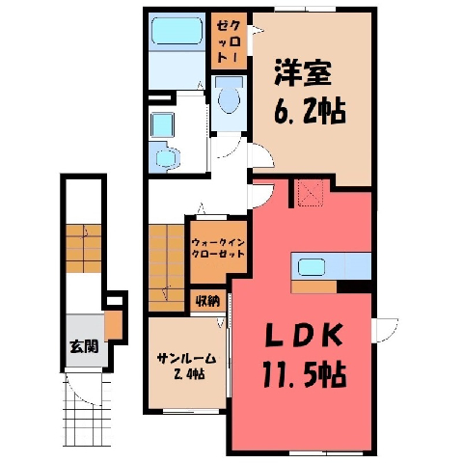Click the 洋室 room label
tap(303, 73)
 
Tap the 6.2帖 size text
tap(311, 111)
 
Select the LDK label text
tap(303, 336)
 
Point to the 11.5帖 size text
tap(305, 374)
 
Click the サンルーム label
tap(186, 359)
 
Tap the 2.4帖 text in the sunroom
tap(189, 374)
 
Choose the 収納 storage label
tap(207, 301)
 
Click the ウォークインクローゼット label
tap(218, 248)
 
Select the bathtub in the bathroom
tap(177, 31)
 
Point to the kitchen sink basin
tap(312, 267)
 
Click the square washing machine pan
tap(162, 125)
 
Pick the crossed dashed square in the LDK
tap(311, 193)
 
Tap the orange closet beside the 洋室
tap(229, 41)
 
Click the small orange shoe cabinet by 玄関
tap(113, 325)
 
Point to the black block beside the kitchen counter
tap(354, 286)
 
